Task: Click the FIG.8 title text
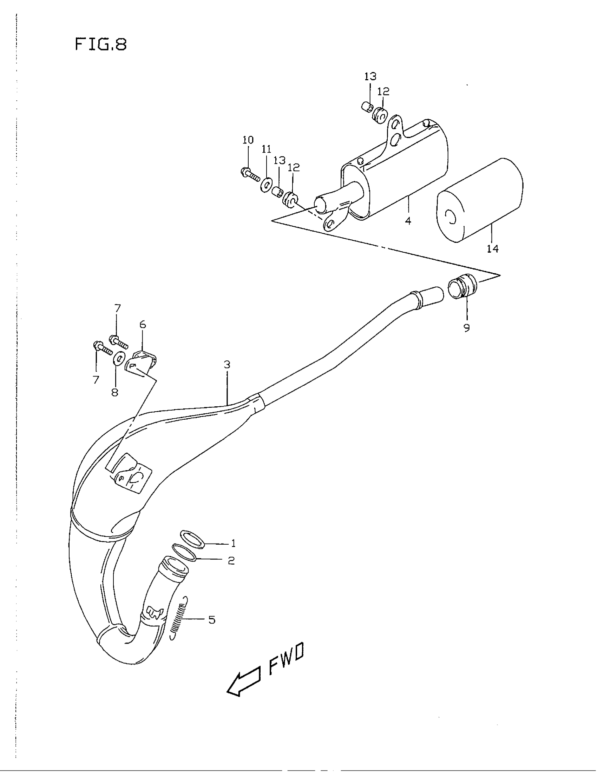[x=101, y=45]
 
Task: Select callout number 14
[x=492, y=249]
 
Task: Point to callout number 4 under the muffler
[x=408, y=221]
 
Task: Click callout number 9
[x=467, y=328]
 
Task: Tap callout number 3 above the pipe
[x=227, y=365]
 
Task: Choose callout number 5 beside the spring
[x=211, y=620]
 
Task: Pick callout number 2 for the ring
[x=231, y=560]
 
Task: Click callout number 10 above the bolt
[x=248, y=140]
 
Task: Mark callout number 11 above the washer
[x=266, y=149]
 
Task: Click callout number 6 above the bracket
[x=143, y=325]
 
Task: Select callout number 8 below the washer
[x=115, y=392]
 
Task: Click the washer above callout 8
[x=118, y=359]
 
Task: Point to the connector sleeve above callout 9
[x=462, y=286]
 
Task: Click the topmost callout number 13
[x=370, y=76]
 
